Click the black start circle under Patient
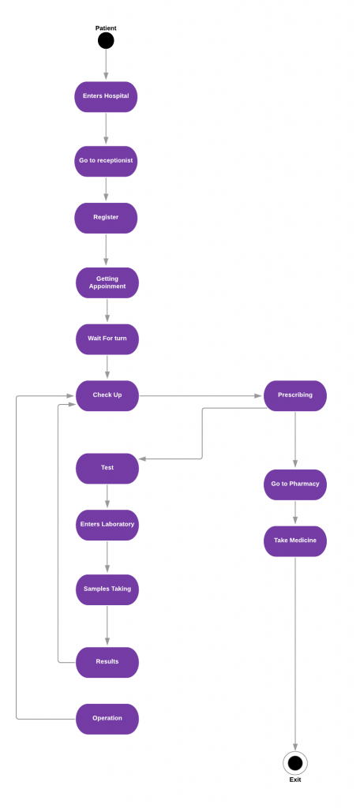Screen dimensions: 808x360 [106, 40]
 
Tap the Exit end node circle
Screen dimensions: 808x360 [295, 763]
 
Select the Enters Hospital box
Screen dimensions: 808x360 [106, 96]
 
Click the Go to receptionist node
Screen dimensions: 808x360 [106, 161]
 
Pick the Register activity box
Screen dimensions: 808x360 [106, 218]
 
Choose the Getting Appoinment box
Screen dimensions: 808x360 [107, 282]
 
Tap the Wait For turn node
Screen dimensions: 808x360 [107, 339]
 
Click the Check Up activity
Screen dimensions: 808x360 [107, 395]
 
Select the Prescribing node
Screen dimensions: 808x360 [294, 395]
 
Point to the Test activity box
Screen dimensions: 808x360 [107, 468]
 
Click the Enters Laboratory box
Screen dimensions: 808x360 [107, 525]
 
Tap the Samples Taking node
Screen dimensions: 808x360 [107, 589]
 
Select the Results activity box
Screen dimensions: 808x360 [107, 662]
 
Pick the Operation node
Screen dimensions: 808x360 [107, 719]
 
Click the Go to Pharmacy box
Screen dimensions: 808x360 [294, 484]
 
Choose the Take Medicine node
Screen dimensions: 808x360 [294, 541]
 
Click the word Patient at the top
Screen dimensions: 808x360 [106, 28]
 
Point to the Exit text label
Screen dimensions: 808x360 [295, 780]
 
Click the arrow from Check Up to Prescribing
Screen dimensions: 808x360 [201, 395]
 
